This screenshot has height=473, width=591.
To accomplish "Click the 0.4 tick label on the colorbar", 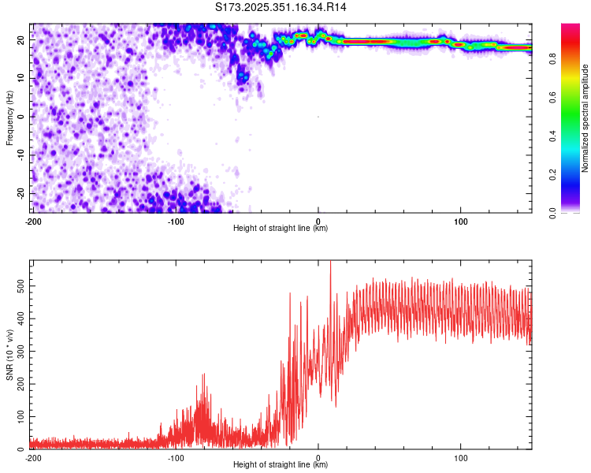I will point(574,135).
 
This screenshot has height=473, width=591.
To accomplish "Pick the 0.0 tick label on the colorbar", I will point(574,212).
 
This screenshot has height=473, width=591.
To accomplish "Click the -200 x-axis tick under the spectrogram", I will point(32,222).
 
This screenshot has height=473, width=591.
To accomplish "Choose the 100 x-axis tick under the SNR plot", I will point(461,458).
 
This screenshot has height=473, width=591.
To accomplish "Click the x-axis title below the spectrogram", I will point(281,229).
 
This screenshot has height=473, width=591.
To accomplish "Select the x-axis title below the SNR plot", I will point(281,465).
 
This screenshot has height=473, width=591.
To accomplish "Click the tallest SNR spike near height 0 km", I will point(330,263).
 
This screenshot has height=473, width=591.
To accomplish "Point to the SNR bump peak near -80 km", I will point(204,375).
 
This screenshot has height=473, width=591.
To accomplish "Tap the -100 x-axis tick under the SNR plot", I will point(175,458).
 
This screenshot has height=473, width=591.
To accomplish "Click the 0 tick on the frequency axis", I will point(24,117).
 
